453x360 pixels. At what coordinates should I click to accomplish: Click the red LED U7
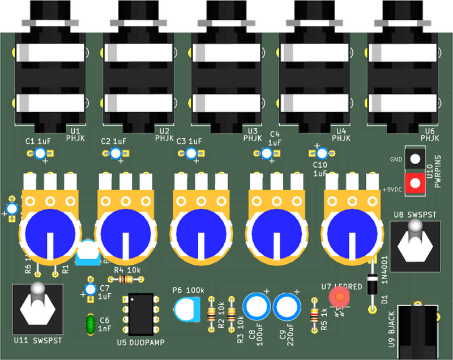pos(340,295)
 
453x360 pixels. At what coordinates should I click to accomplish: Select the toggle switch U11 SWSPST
pos(38,308)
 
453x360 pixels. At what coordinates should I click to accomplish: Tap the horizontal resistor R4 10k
pos(125,279)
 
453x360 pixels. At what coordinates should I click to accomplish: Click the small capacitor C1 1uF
pos(40,153)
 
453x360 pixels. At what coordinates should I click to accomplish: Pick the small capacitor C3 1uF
pos(191,153)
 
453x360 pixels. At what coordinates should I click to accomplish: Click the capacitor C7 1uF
pos(90,290)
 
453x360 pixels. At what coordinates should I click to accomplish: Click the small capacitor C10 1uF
pos(322,153)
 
